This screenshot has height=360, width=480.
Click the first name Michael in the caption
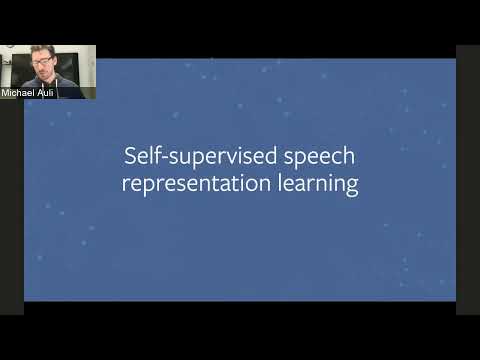tap(21, 93)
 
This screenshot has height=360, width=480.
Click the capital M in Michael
tap(6, 93)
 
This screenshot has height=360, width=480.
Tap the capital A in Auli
tap(42, 93)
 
